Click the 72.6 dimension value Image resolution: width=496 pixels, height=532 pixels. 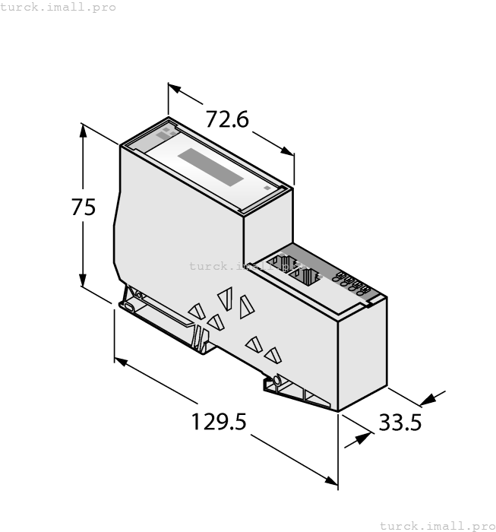[x=228, y=119]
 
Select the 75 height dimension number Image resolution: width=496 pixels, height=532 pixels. [x=84, y=207]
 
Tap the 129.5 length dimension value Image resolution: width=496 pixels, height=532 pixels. [x=219, y=421]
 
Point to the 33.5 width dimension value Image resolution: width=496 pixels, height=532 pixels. [x=400, y=422]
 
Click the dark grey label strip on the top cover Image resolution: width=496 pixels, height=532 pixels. [x=210, y=167]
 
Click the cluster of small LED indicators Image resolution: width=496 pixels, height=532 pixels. [x=352, y=283]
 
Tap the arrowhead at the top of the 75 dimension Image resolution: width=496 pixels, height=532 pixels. [x=83, y=130]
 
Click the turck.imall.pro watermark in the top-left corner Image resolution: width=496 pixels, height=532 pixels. [x=58, y=7]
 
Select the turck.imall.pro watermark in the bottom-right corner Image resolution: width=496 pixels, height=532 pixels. [x=437, y=525]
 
